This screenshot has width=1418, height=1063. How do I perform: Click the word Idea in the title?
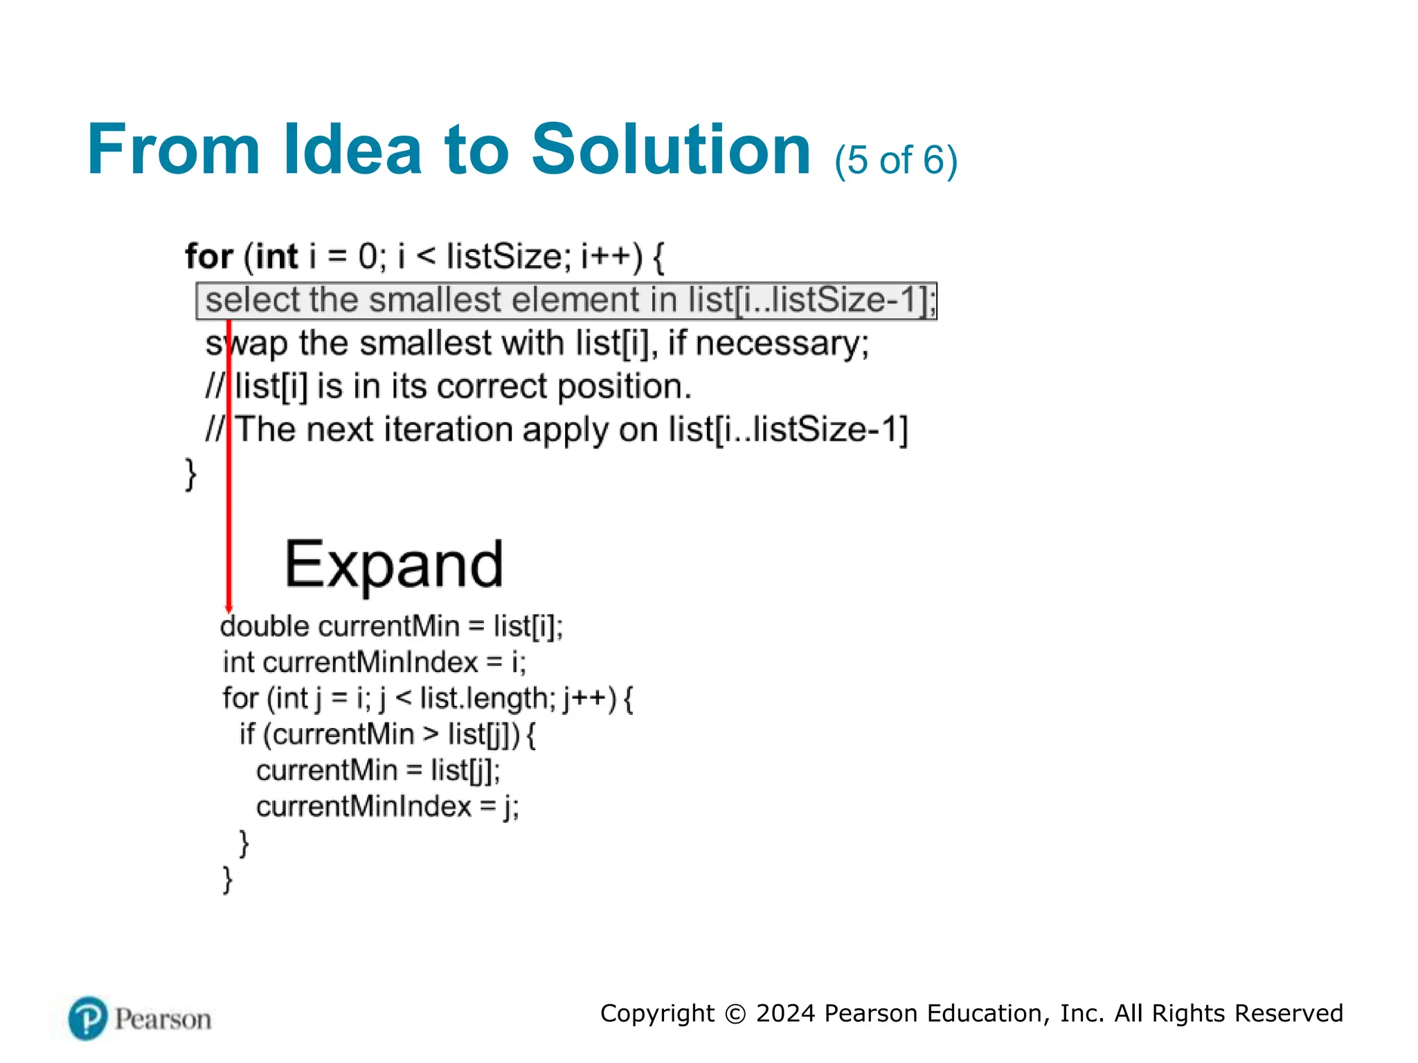[x=352, y=149]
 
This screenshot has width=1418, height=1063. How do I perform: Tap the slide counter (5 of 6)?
[x=895, y=161]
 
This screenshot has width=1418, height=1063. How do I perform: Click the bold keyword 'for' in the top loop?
[x=208, y=257]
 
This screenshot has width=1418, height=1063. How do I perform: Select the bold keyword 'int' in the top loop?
[x=276, y=257]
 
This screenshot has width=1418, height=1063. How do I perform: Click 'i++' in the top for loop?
[x=606, y=257]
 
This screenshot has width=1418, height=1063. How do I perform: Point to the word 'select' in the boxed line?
[x=253, y=300]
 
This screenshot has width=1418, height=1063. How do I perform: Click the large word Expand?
[x=394, y=565]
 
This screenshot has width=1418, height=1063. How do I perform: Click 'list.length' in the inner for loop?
[x=484, y=698]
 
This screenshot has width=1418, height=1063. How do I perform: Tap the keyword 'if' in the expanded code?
[x=247, y=734]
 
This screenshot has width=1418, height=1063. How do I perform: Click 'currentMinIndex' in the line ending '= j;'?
[x=364, y=807]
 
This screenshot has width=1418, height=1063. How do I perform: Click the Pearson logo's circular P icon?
[x=88, y=1018]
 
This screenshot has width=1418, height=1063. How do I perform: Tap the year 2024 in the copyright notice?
[x=785, y=1013]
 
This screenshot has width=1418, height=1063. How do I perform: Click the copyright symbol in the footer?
[x=735, y=1014]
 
